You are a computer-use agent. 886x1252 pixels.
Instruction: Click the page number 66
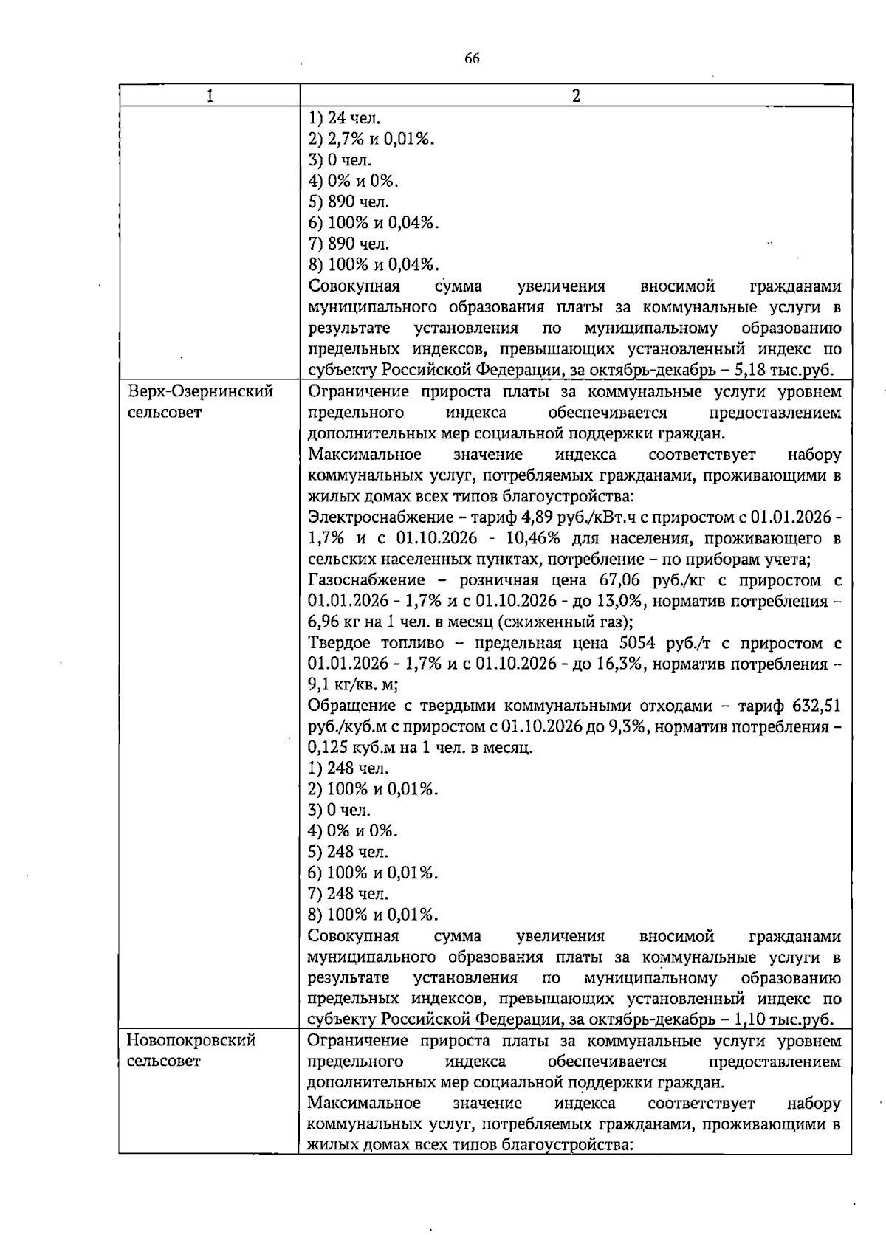pos(473,60)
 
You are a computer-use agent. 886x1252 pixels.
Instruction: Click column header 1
pos(210,96)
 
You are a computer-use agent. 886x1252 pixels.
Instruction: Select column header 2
pos(576,96)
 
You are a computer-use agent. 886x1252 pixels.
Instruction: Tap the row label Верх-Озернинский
pos(200,391)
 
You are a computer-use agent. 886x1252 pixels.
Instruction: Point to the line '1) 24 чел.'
pos(344,117)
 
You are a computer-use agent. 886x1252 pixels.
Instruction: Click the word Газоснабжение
pos(366,579)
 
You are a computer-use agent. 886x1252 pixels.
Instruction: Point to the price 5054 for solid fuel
pos(625,643)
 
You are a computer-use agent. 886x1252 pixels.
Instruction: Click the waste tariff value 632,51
pos(816,706)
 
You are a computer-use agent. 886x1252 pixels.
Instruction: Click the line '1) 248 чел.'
pos(348,768)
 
